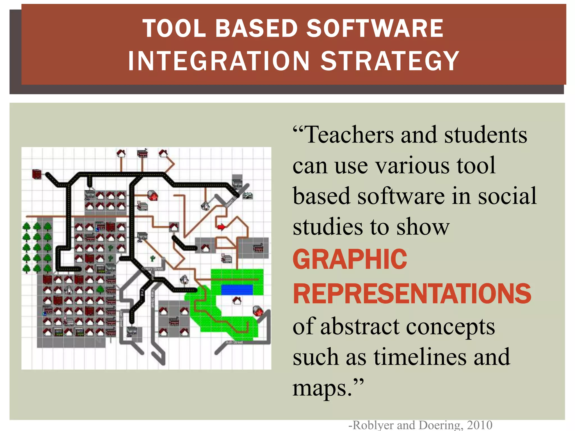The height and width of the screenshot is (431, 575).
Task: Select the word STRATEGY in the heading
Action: point(390,61)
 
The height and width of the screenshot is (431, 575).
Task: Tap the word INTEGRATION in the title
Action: point(219,61)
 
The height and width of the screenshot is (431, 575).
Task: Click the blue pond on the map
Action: point(237,290)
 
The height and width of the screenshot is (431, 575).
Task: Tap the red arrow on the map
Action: point(222,226)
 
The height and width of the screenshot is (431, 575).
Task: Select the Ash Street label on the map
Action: point(234,342)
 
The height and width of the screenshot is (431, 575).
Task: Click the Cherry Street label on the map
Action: point(152,269)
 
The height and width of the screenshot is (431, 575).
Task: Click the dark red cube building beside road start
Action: point(37,174)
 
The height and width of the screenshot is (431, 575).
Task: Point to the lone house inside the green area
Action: point(237,301)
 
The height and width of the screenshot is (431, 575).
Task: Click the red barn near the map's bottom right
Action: point(258,311)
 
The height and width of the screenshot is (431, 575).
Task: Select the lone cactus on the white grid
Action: point(152,258)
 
